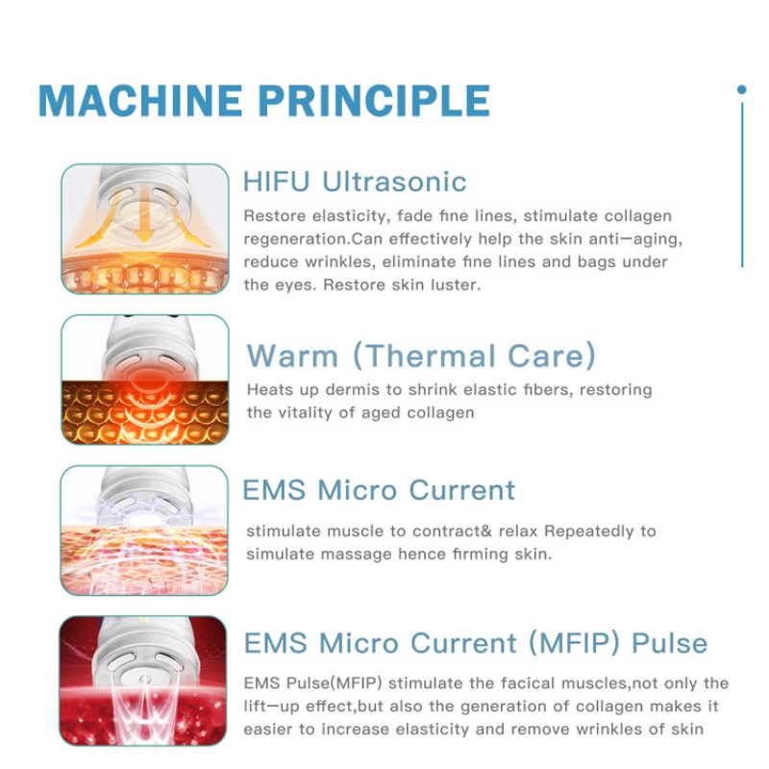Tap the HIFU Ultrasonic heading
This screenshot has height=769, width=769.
[355, 182]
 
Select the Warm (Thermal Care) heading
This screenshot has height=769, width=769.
[421, 356]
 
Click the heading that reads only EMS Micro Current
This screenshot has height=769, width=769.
[379, 489]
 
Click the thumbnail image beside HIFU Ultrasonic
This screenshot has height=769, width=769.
[145, 229]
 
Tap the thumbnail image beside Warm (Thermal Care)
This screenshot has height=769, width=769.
[145, 380]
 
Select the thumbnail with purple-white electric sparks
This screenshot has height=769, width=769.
[145, 530]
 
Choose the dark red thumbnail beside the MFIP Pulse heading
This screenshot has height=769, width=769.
[145, 681]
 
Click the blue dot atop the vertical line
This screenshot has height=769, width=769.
[741, 89]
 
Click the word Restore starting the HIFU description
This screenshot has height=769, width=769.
[271, 216]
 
